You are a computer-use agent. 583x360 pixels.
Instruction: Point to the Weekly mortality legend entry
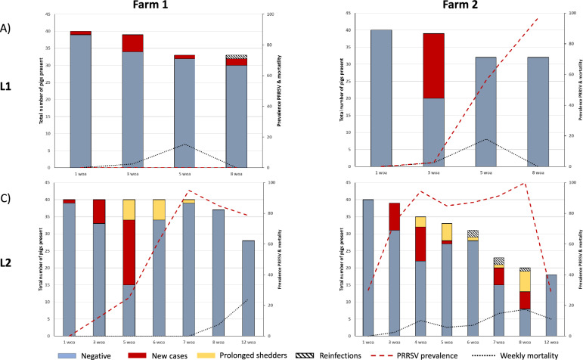point(514,353)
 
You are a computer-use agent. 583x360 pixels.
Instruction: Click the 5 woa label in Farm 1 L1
point(185,174)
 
